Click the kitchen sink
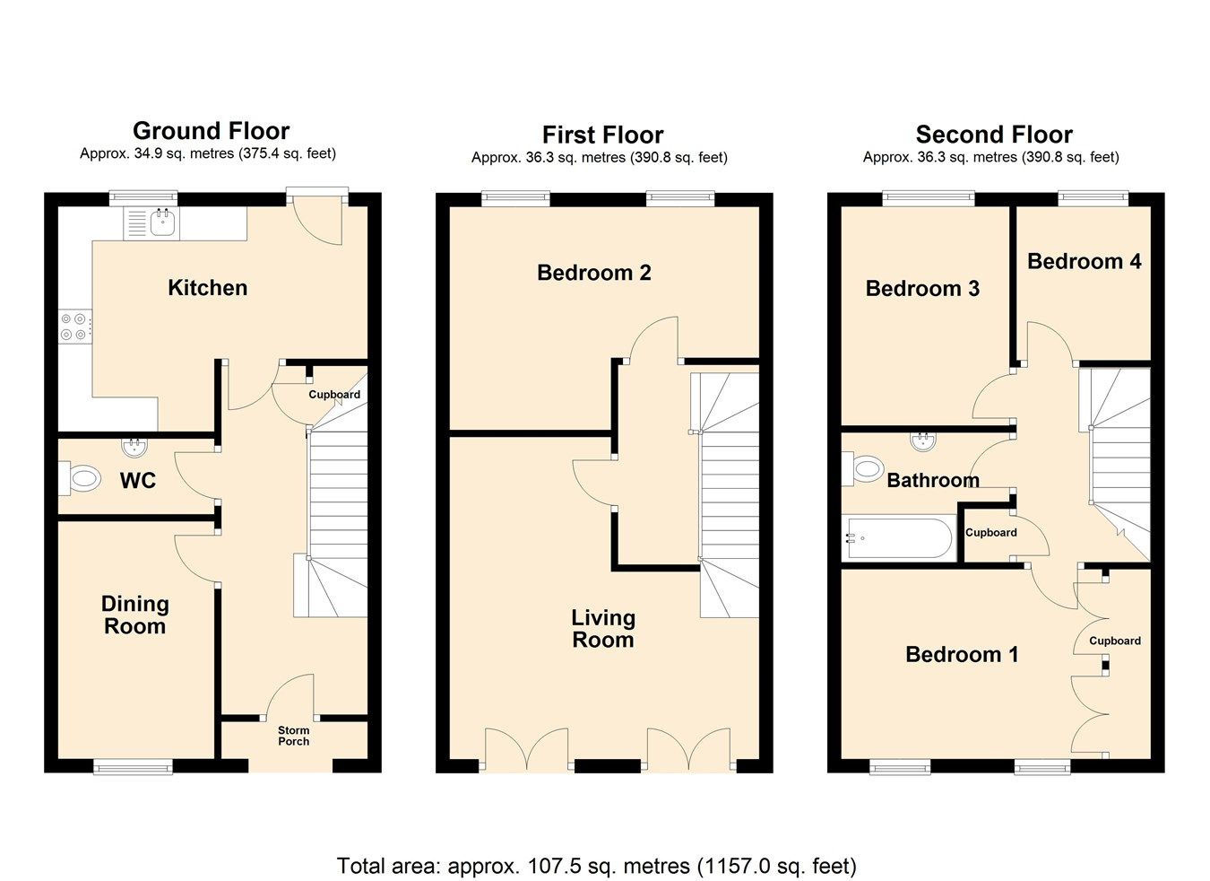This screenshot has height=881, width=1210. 162,222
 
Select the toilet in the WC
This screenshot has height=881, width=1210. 81,478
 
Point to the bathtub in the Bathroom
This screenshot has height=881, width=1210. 896,538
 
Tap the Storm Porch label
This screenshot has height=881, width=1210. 293,736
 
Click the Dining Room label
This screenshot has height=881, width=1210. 134,615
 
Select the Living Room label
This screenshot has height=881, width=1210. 603,629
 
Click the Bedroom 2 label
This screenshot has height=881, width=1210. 593,273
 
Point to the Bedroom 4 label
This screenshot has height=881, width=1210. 1084,261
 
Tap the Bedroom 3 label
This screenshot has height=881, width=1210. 921,288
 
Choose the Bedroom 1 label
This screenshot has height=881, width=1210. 961,654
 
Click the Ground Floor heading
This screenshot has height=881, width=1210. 211,131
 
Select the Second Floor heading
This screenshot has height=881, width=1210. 993,135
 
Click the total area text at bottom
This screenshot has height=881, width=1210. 596,866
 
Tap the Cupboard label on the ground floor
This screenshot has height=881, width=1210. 334,395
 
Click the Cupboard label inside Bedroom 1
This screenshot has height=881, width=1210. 1114,641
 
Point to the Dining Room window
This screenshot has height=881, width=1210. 133,765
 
